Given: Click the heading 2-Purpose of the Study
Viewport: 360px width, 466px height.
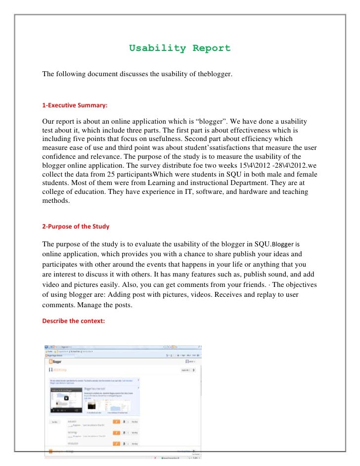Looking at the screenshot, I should click(x=76, y=227).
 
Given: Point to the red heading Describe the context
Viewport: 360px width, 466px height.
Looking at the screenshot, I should click(x=73, y=321).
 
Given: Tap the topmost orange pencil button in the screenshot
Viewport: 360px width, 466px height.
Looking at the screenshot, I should click(x=116, y=421).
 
